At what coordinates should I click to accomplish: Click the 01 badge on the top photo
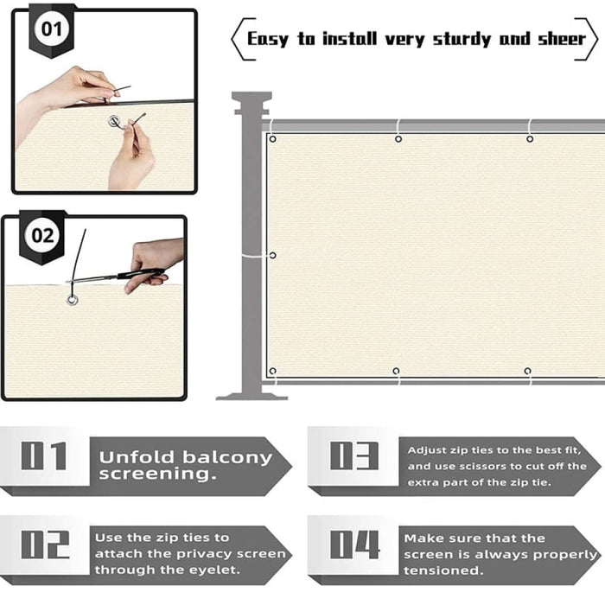point(52,29)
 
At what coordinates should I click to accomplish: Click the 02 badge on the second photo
point(42,235)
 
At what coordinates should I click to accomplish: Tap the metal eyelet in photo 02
point(73,300)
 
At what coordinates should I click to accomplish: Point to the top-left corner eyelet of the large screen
point(272,139)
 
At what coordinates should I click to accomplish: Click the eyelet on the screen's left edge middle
point(272,255)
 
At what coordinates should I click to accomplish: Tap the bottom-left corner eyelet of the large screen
point(272,372)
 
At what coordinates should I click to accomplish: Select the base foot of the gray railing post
point(251,394)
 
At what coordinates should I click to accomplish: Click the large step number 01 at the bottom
point(44,455)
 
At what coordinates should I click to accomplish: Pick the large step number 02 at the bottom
point(44,544)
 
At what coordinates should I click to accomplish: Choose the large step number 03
point(353,455)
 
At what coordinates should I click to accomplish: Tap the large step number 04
point(354,544)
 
